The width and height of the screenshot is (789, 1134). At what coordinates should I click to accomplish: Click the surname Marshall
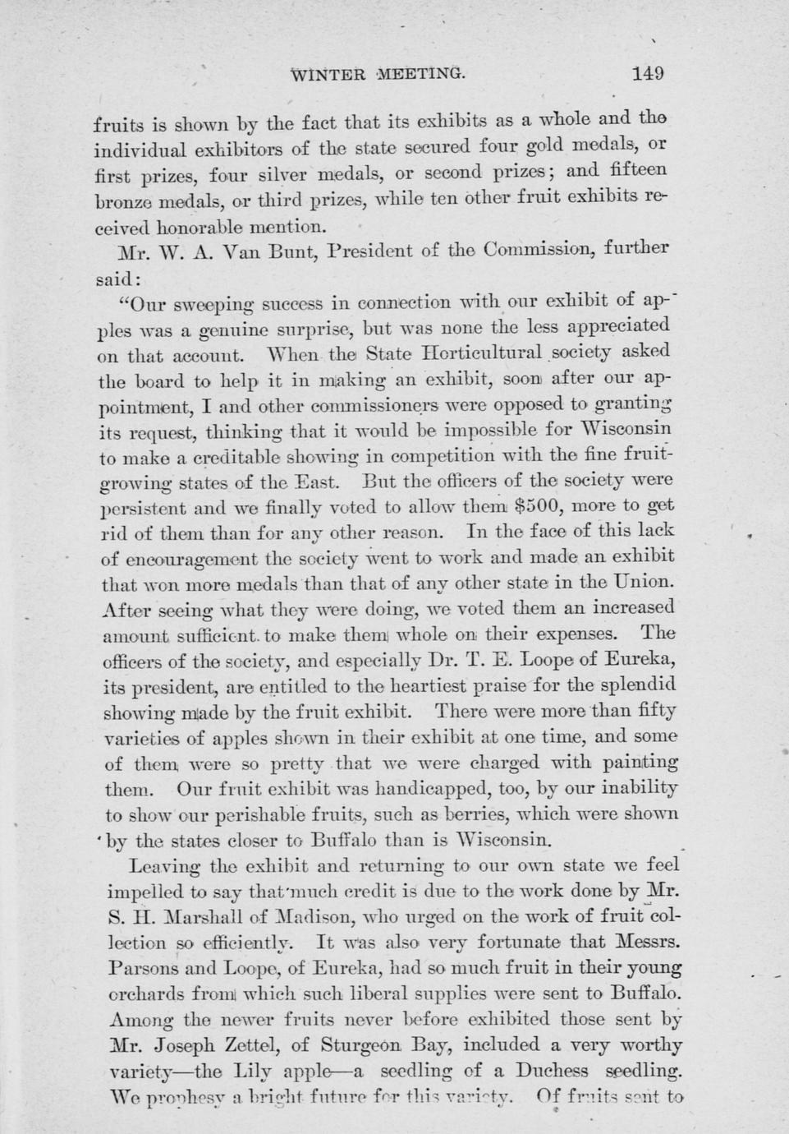200,915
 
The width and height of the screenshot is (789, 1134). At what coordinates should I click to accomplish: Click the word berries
502,814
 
